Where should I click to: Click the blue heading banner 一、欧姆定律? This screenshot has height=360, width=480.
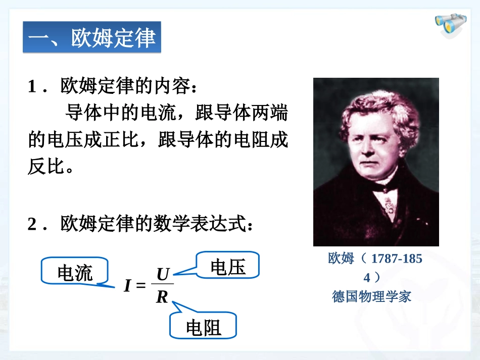point(92,37)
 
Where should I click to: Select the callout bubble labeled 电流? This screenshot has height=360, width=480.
point(75,273)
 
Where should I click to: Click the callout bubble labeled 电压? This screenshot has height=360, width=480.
point(227,267)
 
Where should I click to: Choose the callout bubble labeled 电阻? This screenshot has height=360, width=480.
point(203,328)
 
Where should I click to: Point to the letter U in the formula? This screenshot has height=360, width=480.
point(162,275)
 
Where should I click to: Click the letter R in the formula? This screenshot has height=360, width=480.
point(162,297)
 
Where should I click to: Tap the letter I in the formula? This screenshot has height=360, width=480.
point(127,286)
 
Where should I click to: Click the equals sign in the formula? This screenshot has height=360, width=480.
point(141,286)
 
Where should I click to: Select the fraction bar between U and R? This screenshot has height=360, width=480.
point(162,286)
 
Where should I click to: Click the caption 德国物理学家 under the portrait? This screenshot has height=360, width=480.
point(371,296)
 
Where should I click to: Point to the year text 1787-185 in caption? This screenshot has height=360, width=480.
point(397,259)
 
